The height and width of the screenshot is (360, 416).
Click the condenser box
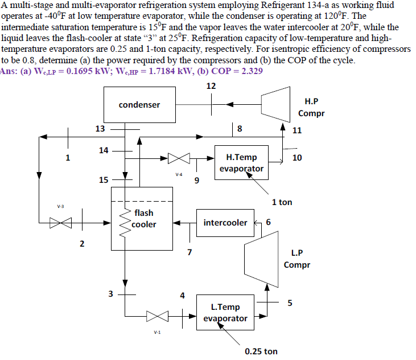tap(139, 105)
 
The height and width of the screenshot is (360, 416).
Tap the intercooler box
tap(225, 222)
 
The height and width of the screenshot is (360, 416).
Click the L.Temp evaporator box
tap(225, 312)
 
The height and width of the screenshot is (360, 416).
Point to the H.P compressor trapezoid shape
tap(278, 105)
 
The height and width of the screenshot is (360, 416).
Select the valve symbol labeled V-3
tap(57, 222)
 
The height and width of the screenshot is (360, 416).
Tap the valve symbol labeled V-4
tap(178, 158)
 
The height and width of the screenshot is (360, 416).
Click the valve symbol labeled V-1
tap(154, 316)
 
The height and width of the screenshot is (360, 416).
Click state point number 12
tap(211, 86)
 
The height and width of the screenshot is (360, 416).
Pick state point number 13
tap(100, 129)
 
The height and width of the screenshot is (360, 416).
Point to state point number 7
tap(190, 251)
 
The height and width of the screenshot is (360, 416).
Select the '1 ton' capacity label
tap(282, 202)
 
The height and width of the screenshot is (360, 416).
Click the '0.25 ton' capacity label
tap(261, 351)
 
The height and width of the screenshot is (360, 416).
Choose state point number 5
tap(290, 302)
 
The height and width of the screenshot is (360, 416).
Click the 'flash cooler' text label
tap(143, 219)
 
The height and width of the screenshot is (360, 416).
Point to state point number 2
tap(82, 244)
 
